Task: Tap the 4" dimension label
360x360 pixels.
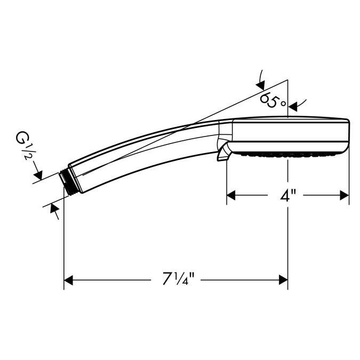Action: coord(287,196)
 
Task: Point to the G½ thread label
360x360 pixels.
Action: coord(23,145)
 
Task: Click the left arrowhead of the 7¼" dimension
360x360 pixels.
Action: coord(68,280)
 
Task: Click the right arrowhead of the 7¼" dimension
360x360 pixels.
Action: coord(283,280)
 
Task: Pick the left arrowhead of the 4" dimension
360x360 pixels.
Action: coord(231,195)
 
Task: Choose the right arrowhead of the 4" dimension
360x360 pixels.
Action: coord(345,195)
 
